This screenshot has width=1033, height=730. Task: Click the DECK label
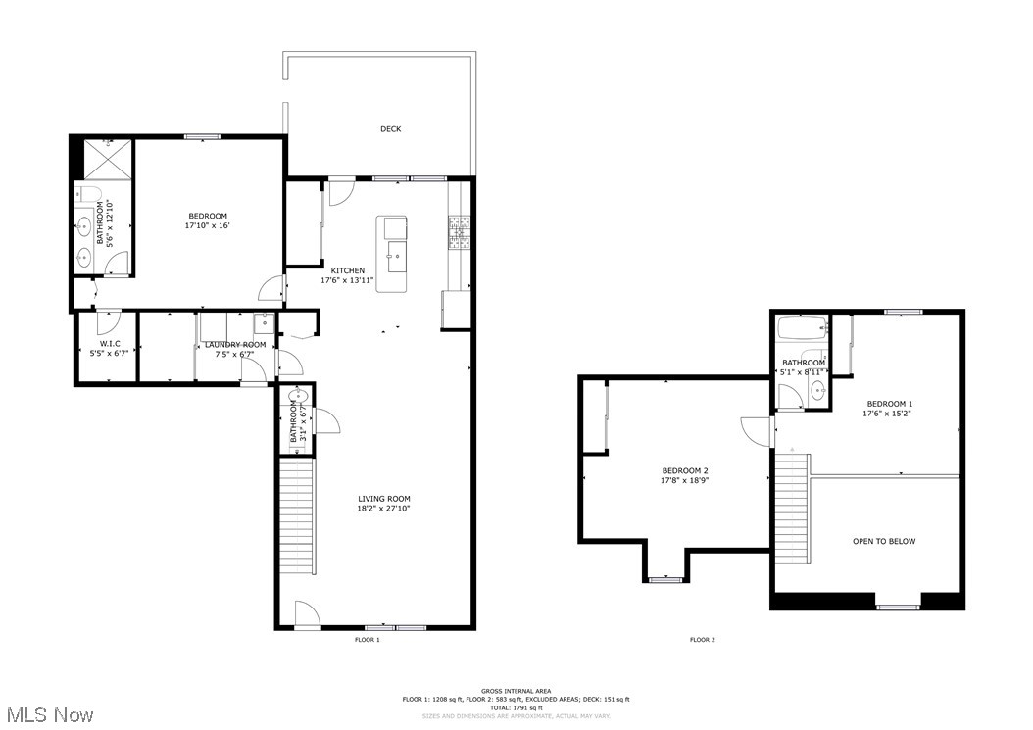coord(390,129)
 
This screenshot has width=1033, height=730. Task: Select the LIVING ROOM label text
coord(383,499)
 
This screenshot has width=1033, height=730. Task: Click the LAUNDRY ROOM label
coord(234,345)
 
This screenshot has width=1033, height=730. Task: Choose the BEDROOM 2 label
coord(684,470)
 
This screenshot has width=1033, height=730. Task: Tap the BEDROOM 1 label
coord(889,404)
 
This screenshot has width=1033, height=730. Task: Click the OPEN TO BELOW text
coord(883,541)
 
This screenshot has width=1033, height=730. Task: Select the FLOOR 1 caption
coord(367,640)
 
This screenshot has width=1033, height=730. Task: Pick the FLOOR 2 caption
coord(702,640)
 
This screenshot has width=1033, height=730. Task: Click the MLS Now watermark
coord(48,714)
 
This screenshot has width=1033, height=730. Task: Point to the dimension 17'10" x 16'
coord(207,225)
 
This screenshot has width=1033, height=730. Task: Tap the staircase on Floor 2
coord(792,510)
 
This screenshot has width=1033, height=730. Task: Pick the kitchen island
coord(394,253)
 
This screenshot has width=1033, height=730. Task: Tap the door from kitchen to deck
coord(340,189)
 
